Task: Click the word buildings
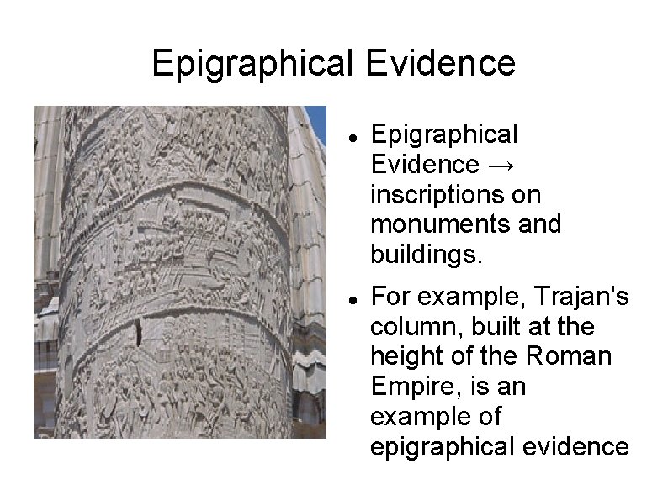click(427, 254)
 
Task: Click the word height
click(405, 356)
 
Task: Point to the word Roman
click(570, 356)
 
